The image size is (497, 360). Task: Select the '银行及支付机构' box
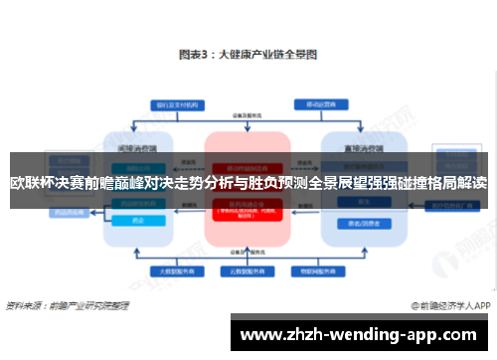pyautogui.click(x=174, y=104)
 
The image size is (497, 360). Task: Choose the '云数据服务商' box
pyautogui.click(x=245, y=270)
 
